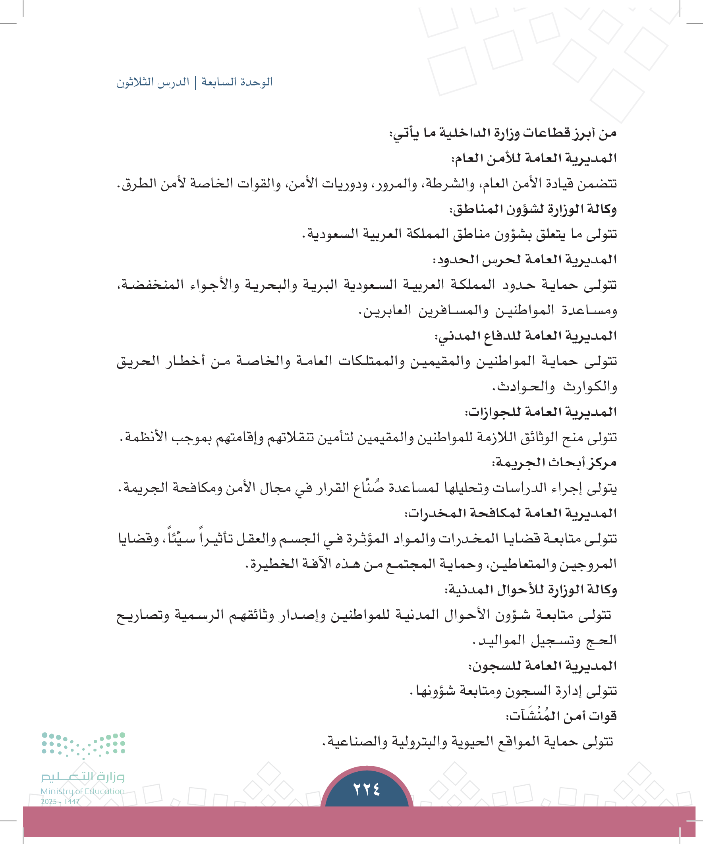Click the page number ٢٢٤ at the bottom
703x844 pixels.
(367, 789)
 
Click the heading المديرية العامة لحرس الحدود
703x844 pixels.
(525, 260)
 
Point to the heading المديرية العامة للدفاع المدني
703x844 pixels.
(525, 336)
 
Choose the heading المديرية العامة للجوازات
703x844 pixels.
(541, 412)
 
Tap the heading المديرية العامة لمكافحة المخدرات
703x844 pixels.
(510, 513)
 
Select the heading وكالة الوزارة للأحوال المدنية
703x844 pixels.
(531, 589)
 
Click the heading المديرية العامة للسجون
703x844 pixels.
(543, 666)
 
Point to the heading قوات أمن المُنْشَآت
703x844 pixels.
(561, 716)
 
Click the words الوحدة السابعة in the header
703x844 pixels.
(237, 82)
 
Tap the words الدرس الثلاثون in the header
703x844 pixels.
(153, 82)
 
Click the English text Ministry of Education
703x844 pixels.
(82, 791)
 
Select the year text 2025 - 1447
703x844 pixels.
(60, 802)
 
